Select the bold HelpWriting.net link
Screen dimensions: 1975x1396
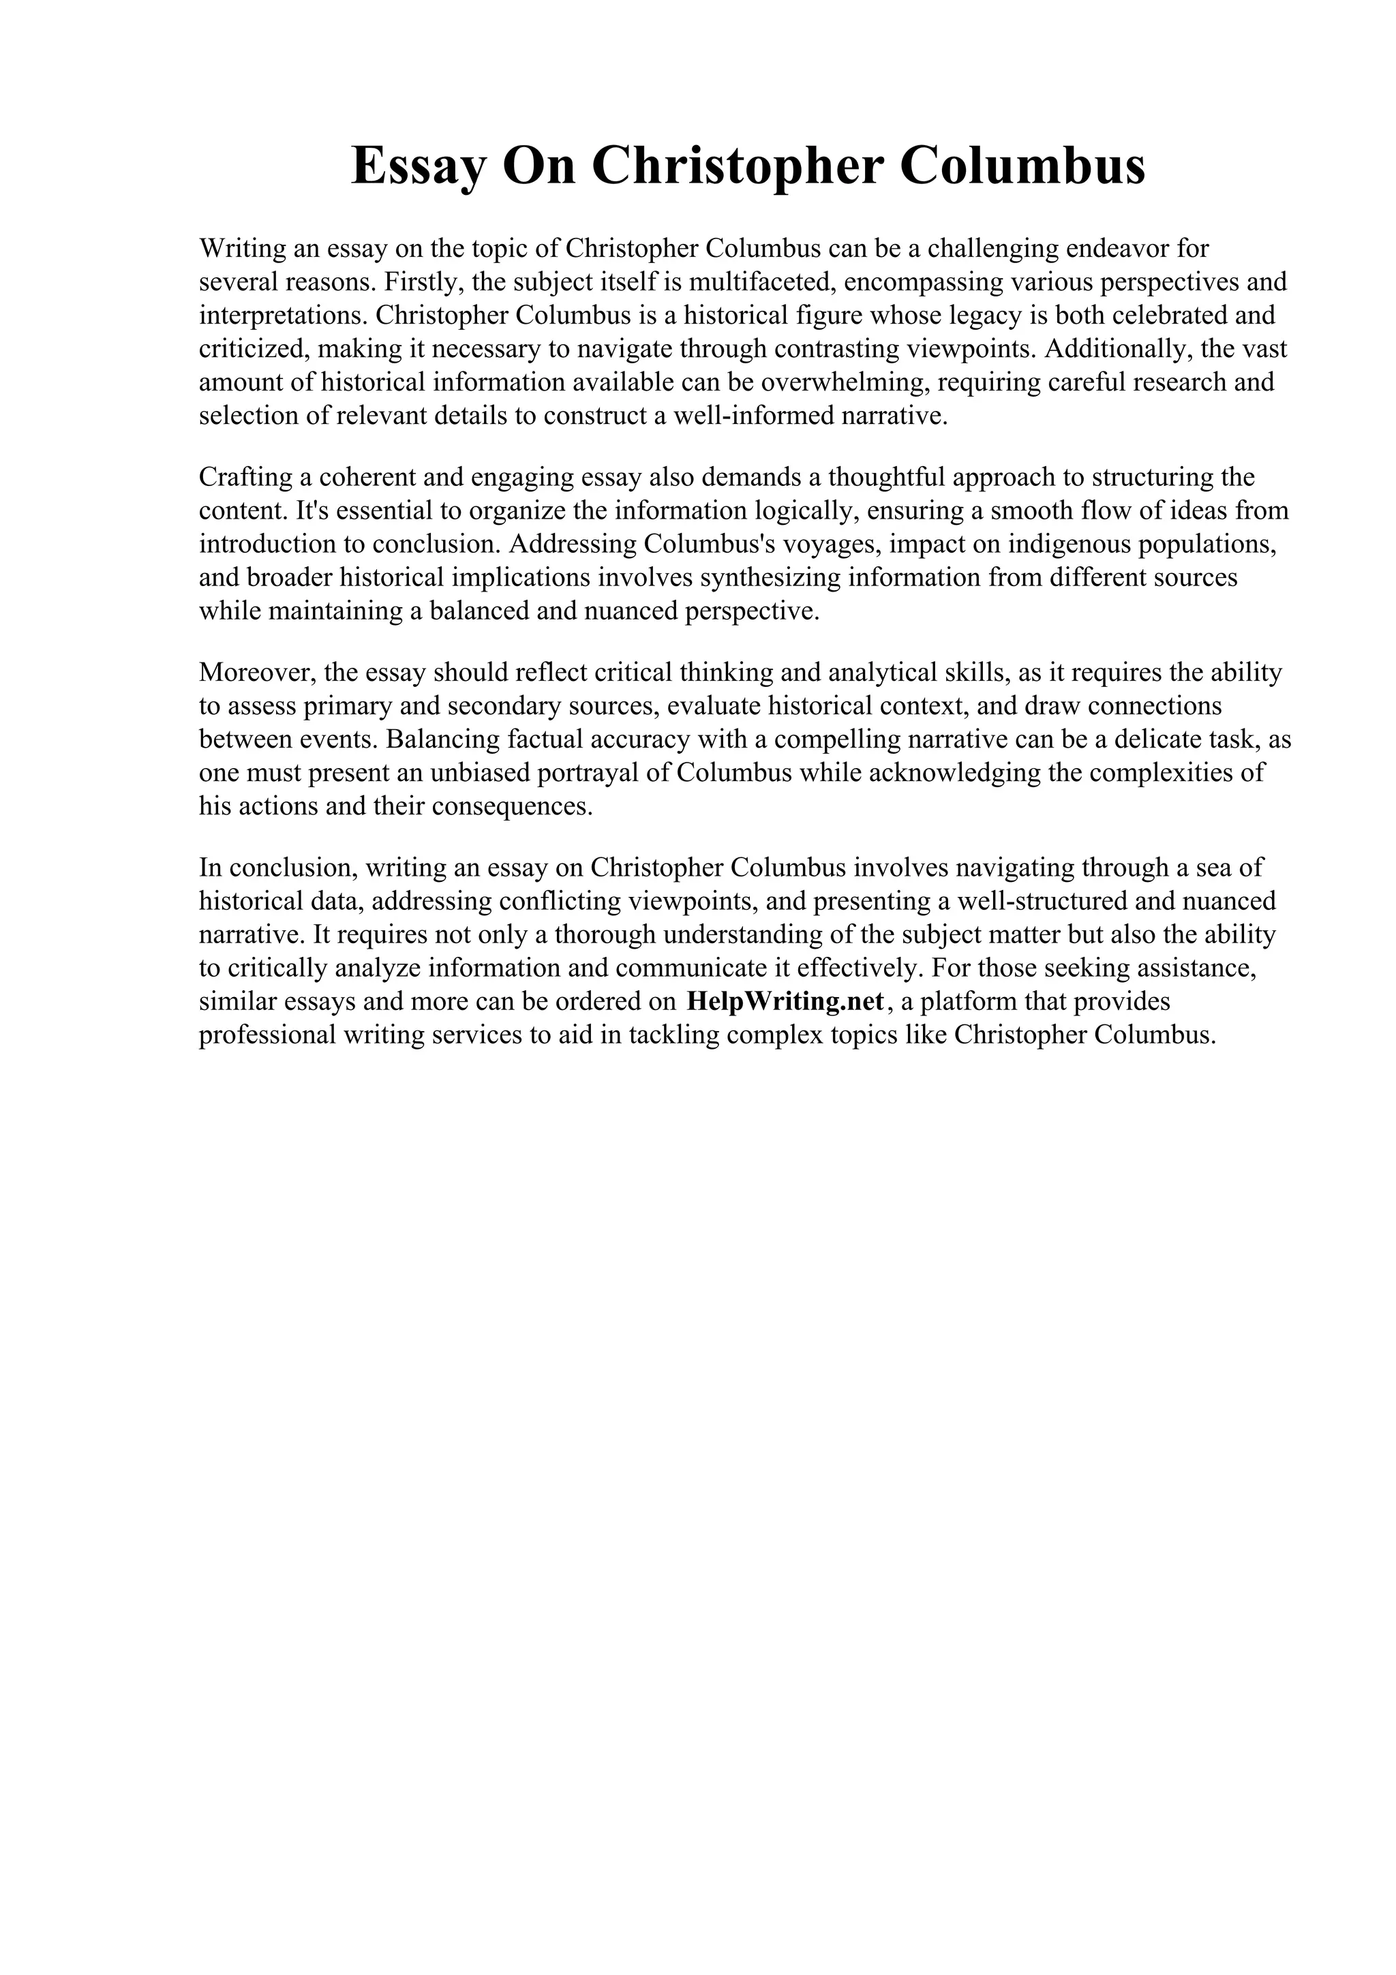coord(785,1001)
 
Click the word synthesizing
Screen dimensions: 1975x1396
coord(771,577)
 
